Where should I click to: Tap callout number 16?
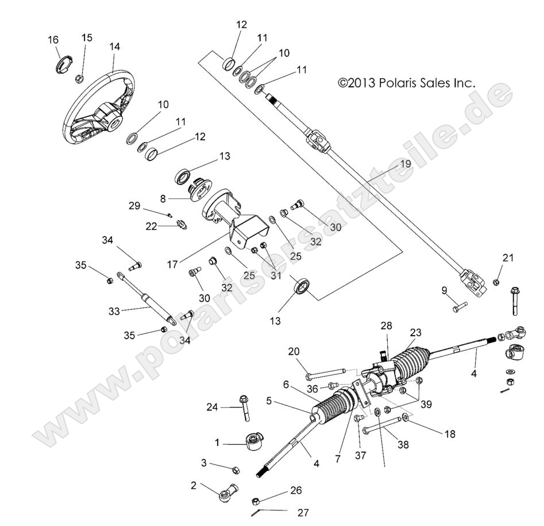[x=53, y=40]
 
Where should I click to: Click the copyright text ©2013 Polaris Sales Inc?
[x=407, y=83]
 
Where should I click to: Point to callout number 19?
[x=406, y=164]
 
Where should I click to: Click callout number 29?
[x=134, y=206]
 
